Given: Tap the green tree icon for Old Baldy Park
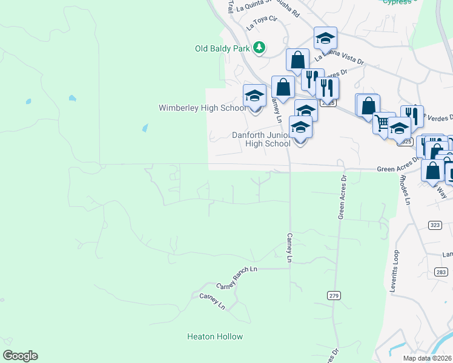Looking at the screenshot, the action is pos(259,47).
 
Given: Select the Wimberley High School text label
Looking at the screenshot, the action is pos(202,108).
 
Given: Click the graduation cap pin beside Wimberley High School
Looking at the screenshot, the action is pos(254,97).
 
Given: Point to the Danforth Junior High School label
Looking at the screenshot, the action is pos(262,140).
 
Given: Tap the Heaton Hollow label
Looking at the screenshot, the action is pos(214,336).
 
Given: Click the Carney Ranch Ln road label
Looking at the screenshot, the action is pos(237,268).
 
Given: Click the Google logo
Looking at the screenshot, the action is pos(20,356).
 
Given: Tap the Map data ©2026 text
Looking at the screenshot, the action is pos(426,358).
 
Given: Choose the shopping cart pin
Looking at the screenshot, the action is pos(383,123).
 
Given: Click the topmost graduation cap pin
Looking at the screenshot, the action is pos(325,39).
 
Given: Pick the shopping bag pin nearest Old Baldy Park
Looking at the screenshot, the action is pos(297,60).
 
